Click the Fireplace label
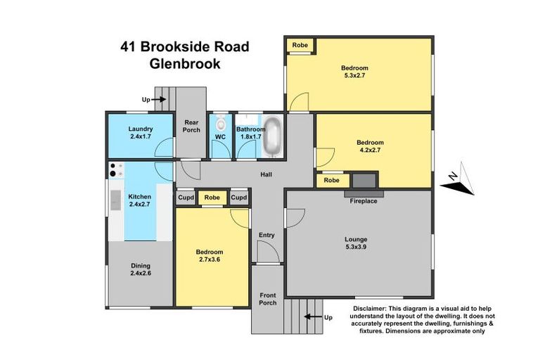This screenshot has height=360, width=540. point(364,201)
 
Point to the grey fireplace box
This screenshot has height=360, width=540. point(364,181)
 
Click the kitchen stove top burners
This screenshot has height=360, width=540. point(116,170)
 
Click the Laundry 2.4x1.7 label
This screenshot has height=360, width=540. point(141,133)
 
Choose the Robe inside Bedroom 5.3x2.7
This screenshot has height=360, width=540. point(300,44)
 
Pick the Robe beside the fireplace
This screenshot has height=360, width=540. point(330,181)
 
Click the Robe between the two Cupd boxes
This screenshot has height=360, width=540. point(212,198)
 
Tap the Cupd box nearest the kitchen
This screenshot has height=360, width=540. point(185,198)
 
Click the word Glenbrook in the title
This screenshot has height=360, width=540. point(185,63)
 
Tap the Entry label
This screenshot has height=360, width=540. point(266,235)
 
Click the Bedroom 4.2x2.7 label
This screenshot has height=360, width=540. point(371,146)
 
